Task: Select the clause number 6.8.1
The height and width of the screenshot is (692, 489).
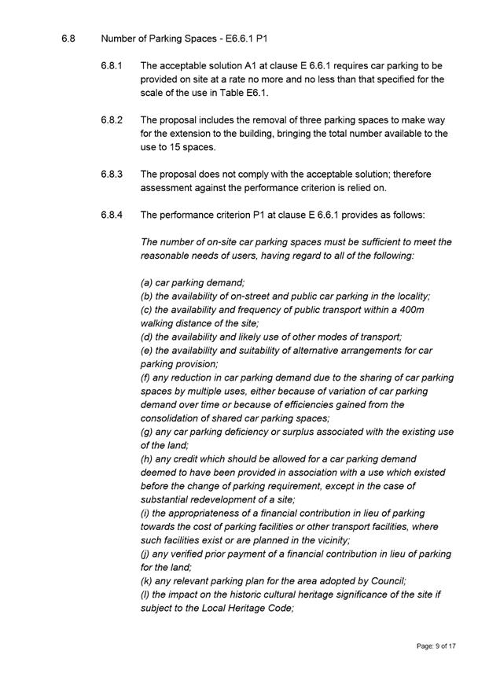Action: (x=112, y=65)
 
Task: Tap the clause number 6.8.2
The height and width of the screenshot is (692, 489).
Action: (x=112, y=120)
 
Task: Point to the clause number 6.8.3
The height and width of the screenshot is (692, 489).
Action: (x=112, y=174)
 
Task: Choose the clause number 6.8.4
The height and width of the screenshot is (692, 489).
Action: (x=112, y=215)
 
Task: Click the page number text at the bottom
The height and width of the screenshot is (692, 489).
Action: (x=436, y=646)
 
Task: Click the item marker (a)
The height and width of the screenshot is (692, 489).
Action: (x=147, y=282)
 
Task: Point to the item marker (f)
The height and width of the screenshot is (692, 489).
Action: (x=146, y=377)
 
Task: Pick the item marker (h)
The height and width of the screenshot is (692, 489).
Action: (x=147, y=458)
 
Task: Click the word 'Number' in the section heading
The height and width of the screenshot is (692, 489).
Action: (x=120, y=38)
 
